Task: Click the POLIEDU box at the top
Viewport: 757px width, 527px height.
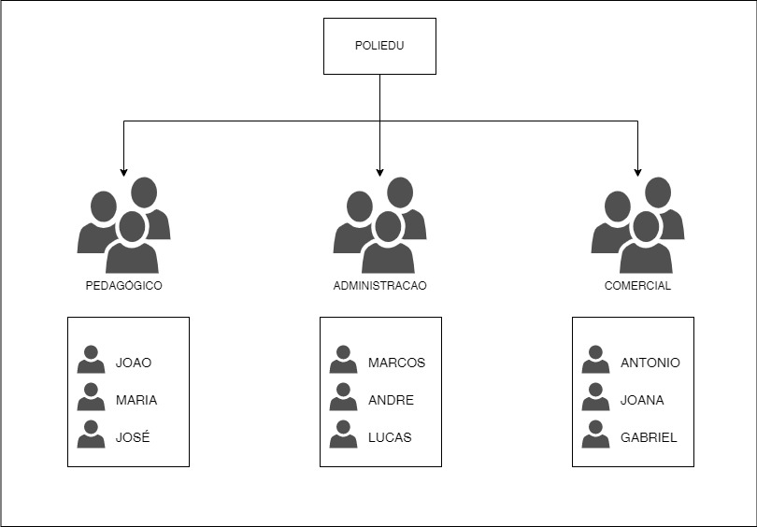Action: coord(379,46)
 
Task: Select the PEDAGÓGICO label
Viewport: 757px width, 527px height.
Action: coord(123,286)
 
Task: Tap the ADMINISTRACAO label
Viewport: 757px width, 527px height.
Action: coord(379,286)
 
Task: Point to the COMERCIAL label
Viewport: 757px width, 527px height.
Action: coord(637,286)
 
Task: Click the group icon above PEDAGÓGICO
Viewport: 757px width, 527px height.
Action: coord(123,225)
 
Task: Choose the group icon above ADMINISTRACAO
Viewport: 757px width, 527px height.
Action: coord(379,225)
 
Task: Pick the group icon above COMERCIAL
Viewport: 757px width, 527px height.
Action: coord(637,225)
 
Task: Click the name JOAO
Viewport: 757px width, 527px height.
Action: coord(133,363)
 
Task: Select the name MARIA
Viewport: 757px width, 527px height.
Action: coord(136,400)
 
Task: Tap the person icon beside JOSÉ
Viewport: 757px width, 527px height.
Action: coord(91,434)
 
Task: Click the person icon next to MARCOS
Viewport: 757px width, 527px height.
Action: coord(343,360)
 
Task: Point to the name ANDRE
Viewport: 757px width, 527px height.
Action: coord(391,400)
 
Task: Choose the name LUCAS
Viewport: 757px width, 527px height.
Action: coord(390,437)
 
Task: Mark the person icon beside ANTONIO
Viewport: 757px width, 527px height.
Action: coord(595,360)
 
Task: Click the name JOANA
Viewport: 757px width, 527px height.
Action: coord(642,400)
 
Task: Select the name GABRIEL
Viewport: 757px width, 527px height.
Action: coord(649,437)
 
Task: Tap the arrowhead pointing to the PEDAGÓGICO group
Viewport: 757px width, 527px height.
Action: coord(123,172)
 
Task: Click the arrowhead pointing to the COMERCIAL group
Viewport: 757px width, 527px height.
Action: coord(637,172)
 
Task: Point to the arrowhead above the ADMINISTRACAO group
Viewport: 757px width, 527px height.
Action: coord(379,172)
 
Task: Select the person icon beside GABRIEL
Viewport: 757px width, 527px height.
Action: coord(595,434)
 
